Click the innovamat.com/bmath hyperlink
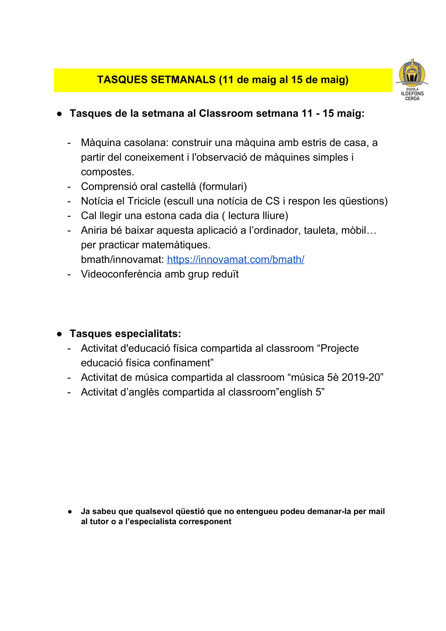point(235,259)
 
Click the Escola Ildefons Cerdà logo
point(412,80)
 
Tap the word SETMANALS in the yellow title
point(183,80)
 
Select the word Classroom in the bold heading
point(226,113)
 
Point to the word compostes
point(107,172)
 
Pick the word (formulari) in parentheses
point(223,186)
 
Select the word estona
point(158,216)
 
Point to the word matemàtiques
point(179,245)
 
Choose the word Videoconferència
point(121,274)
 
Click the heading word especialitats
point(148,333)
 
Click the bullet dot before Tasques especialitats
point(59,334)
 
